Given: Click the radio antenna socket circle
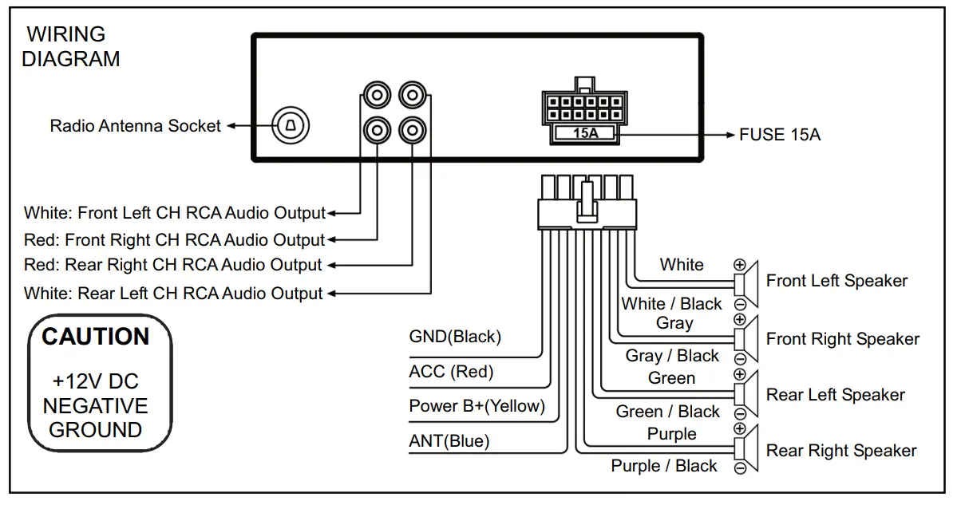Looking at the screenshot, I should pyautogui.click(x=291, y=125).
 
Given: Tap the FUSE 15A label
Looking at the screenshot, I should pyautogui.click(x=779, y=135).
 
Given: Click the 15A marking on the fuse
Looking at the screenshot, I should pyautogui.click(x=585, y=133).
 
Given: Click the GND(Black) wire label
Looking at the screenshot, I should pyautogui.click(x=455, y=337).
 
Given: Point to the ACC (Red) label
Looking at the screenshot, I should pyautogui.click(x=451, y=372).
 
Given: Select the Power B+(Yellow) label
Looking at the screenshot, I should pyautogui.click(x=477, y=406).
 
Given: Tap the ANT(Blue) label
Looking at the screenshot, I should pyautogui.click(x=449, y=441).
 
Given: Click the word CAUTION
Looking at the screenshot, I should pyautogui.click(x=96, y=337).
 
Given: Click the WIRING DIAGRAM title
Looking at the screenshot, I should pyautogui.click(x=70, y=46).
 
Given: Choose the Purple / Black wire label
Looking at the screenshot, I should pyautogui.click(x=664, y=466).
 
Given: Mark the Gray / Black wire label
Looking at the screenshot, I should pyautogui.click(x=672, y=356).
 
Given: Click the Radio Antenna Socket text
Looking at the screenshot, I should pyautogui.click(x=135, y=126).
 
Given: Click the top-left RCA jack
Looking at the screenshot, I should pyautogui.click(x=375, y=96).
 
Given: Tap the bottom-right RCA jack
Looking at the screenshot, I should pyautogui.click(x=410, y=128).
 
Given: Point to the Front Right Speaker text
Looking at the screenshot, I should pyautogui.click(x=843, y=339).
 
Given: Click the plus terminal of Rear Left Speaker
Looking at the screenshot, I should pyautogui.click(x=740, y=375).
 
